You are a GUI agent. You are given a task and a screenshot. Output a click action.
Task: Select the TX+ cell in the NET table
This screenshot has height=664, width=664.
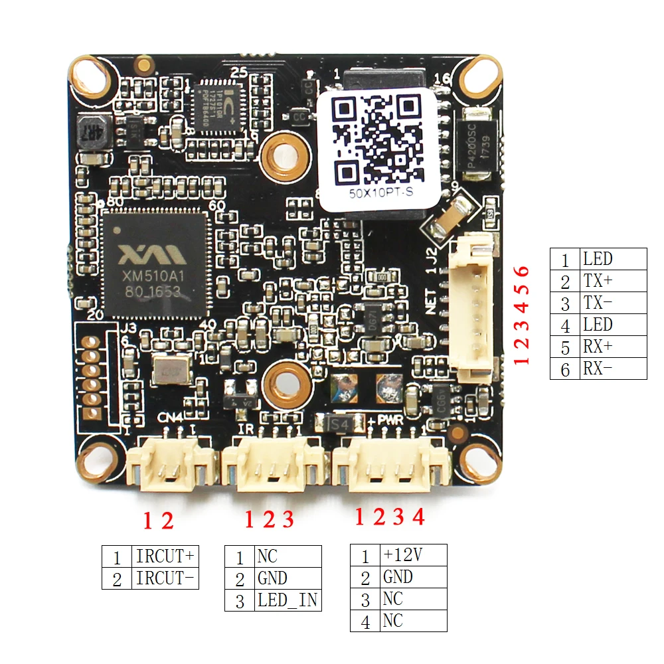(x=614, y=281)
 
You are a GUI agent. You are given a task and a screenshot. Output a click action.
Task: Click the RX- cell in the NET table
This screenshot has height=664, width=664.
(x=614, y=369)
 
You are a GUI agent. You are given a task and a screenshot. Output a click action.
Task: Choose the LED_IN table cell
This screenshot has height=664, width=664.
(x=288, y=600)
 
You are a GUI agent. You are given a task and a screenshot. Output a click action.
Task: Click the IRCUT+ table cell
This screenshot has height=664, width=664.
(x=166, y=556)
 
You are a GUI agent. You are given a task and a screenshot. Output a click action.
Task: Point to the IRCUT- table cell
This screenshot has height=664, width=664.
(x=166, y=578)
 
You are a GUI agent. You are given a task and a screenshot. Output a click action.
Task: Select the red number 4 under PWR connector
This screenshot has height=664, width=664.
(x=418, y=517)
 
